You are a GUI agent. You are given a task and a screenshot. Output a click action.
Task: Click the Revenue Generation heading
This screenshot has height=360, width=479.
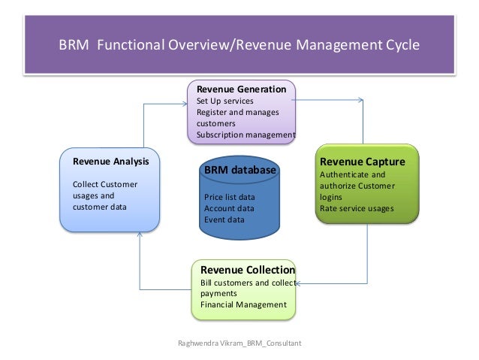coord(240,89)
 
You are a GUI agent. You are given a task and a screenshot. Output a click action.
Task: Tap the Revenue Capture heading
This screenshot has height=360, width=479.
coord(362,162)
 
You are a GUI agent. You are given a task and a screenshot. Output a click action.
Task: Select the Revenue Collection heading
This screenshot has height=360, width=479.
coord(247,271)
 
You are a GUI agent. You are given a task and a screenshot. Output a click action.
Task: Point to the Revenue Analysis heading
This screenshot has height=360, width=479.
coord(110,161)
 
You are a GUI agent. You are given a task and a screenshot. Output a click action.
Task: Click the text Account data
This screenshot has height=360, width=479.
coord(229,208)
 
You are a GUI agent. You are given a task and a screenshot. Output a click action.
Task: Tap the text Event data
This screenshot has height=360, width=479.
coord(224,219)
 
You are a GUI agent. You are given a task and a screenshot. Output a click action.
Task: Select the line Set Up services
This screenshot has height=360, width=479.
coord(224,101)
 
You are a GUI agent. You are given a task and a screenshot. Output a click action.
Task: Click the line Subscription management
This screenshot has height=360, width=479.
coord(246,135)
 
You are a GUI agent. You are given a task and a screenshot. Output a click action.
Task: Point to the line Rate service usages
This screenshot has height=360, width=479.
coord(356,208)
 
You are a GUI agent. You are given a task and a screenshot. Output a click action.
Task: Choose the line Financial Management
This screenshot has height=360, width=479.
coord(243,304)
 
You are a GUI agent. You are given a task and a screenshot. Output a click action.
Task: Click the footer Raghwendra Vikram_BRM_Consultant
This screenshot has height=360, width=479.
coord(239,343)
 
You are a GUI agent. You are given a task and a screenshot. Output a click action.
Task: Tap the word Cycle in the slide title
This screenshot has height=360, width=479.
coord(399,44)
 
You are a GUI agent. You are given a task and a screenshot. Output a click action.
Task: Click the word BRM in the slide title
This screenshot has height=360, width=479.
coord(72,44)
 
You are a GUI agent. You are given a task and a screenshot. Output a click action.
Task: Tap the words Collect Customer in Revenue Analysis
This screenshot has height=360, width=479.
coord(104,184)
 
